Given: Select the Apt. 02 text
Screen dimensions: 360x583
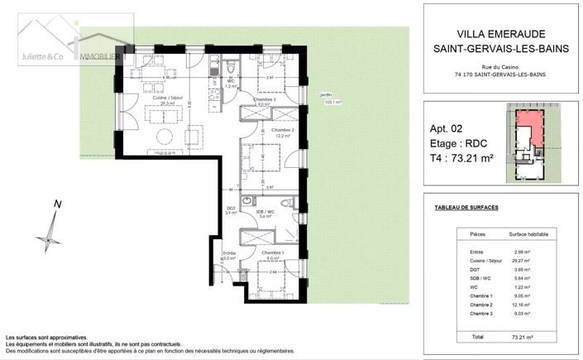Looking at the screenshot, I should pyautogui.click(x=453, y=129).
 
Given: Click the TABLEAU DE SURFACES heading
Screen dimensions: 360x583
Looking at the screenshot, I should pyautogui.click(x=466, y=207).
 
